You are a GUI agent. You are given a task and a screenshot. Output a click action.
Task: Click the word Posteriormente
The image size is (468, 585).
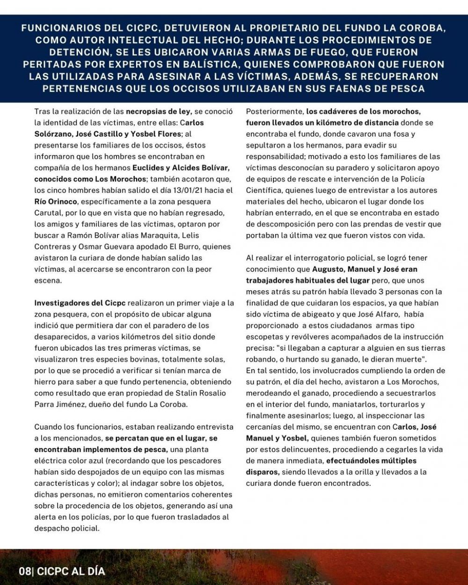[275, 112]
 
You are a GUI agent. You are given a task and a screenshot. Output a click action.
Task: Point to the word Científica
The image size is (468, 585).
[264, 190]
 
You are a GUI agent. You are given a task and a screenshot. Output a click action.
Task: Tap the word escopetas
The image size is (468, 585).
[265, 337]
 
